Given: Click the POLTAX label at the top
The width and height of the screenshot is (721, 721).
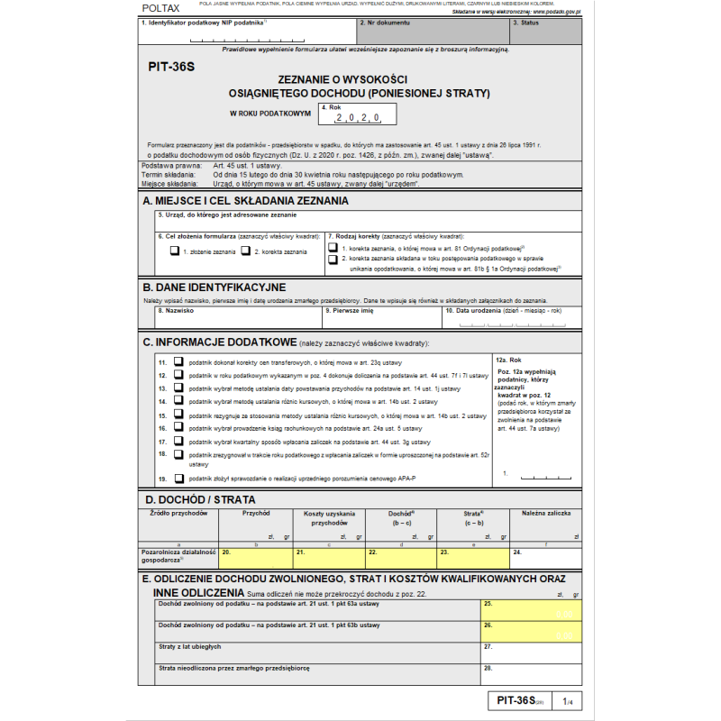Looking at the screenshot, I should point(161,8).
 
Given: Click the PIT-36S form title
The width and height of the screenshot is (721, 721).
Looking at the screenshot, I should point(171,66).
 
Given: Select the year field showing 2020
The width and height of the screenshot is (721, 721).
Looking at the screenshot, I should point(356,117).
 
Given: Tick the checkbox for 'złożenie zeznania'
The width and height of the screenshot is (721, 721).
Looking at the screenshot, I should point(174,251).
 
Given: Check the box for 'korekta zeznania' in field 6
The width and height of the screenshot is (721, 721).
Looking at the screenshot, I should point(245,251).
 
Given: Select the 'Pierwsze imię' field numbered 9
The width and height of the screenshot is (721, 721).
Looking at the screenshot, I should point(380,318).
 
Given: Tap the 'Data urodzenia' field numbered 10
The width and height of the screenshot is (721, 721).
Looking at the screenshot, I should point(512,318).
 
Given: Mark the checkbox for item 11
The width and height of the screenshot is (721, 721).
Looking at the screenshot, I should point(178,360).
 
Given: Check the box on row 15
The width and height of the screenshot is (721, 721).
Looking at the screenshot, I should point(178,415).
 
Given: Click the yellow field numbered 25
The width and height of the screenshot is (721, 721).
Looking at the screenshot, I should point(532,610).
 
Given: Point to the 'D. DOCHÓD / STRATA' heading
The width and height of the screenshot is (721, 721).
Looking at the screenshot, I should point(199,498).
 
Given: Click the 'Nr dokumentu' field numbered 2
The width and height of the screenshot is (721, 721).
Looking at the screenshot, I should point(431,32).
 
